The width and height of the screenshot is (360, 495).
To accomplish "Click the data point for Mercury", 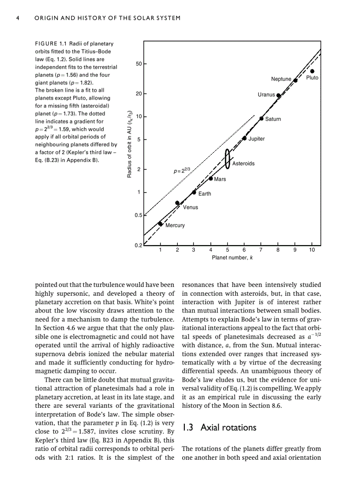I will click(160, 223).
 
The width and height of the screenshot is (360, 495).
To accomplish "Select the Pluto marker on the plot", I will click(312, 71).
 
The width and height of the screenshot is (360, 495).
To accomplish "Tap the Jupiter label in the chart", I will click(256, 139).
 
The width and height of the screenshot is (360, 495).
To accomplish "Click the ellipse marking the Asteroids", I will click(227, 159).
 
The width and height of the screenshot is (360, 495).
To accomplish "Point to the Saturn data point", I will click(262, 119).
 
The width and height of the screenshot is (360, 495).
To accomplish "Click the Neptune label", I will click(281, 79).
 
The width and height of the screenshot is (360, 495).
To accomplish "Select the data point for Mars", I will click(211, 179).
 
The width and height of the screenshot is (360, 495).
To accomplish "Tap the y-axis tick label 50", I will click(138, 64).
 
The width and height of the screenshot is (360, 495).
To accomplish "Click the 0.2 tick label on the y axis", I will click(138, 246).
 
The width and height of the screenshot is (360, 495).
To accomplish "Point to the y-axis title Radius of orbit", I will click(129, 144).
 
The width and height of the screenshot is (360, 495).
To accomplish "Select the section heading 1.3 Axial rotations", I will click(219, 428).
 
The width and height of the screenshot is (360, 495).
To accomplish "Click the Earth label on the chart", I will click(204, 194).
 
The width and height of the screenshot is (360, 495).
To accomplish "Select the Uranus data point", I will click(278, 95).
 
